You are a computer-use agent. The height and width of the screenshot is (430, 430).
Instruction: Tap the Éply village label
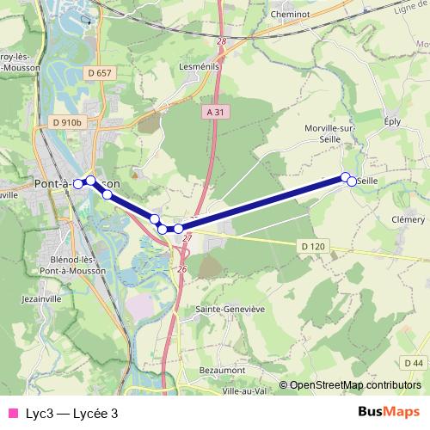coord(394,122)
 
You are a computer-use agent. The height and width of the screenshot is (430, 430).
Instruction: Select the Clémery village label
coord(408,219)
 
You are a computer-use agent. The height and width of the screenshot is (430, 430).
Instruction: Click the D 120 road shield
coord(314,247)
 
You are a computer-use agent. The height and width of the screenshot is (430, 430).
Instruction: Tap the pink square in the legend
coord(12,413)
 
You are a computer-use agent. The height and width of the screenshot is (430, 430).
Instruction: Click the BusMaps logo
coord(389,413)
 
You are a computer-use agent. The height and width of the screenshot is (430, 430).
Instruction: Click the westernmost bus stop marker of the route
coord(78,184)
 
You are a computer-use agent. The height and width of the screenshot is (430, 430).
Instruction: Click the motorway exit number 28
coord(221,41)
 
